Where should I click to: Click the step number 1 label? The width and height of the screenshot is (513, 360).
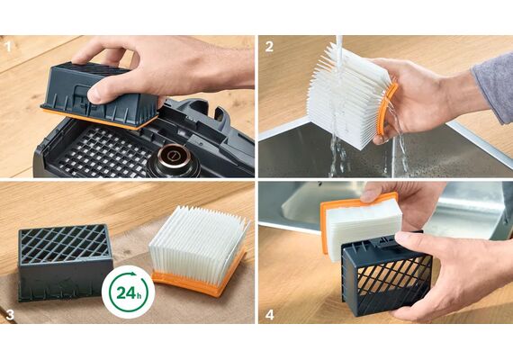click(x=8, y=47)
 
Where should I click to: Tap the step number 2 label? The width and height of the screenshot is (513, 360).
click(x=269, y=47)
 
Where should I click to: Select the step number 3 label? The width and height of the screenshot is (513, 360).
click(x=10, y=314)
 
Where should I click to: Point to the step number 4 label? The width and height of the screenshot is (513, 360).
click(x=270, y=315)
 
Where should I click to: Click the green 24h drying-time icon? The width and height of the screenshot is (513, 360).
click(x=128, y=292)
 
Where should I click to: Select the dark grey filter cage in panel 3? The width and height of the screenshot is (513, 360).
click(x=65, y=263)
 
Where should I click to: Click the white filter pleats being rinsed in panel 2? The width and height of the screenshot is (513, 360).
click(x=346, y=96)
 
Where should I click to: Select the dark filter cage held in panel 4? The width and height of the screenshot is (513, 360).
click(x=387, y=274)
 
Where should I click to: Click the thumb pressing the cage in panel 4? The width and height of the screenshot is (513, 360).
click(x=414, y=241)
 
